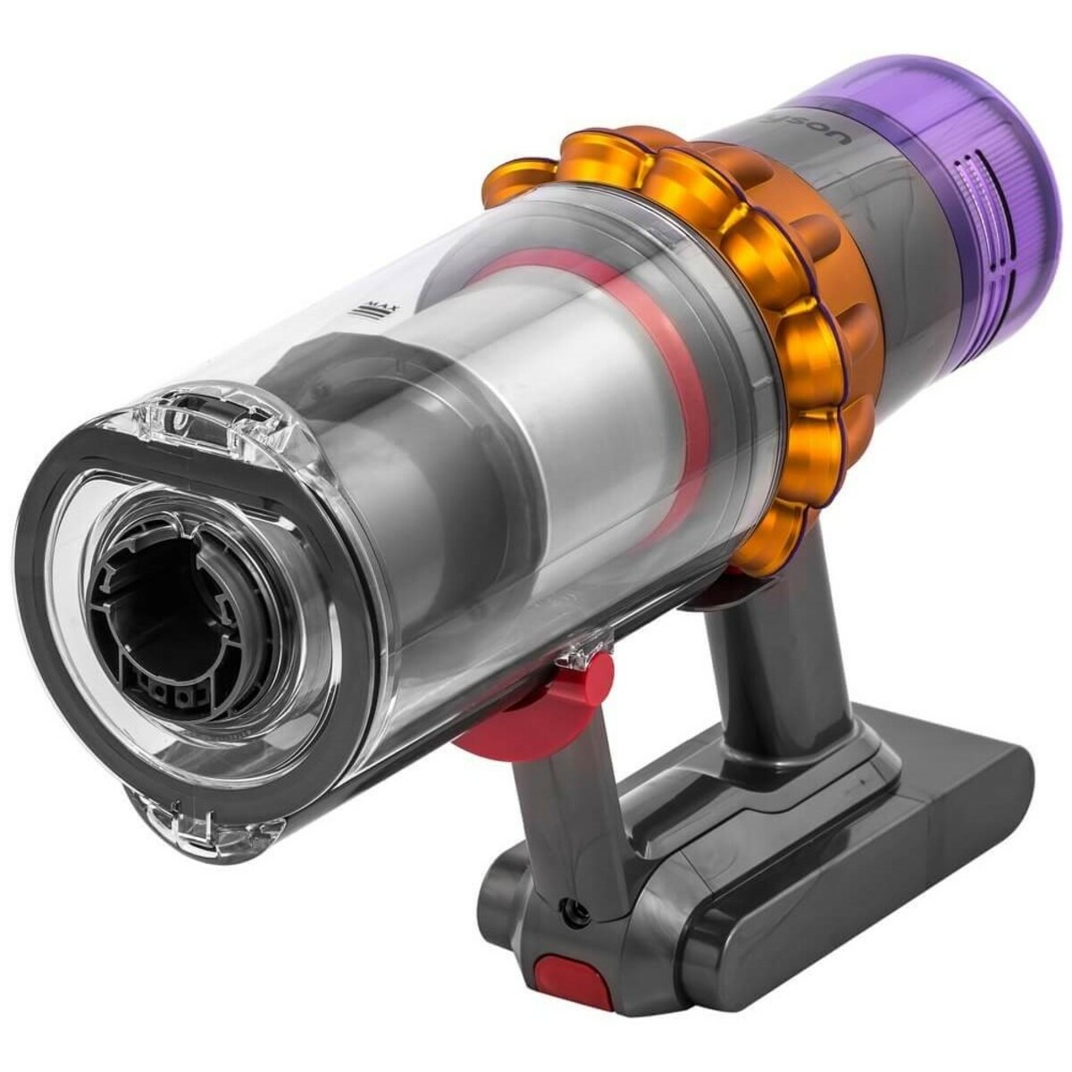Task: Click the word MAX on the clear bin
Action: point(389,312)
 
